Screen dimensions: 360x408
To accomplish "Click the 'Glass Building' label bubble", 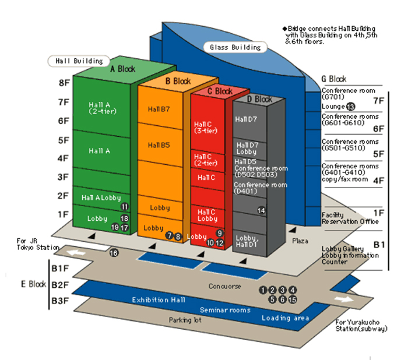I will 234,47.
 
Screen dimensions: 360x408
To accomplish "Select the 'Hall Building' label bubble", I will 79,61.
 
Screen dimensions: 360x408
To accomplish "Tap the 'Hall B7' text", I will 159,109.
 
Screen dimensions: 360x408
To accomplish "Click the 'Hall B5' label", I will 159,144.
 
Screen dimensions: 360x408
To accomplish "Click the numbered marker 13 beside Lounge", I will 350,107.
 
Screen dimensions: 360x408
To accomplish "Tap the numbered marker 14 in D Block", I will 261,210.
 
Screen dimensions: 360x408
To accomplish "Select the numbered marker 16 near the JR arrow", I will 114,253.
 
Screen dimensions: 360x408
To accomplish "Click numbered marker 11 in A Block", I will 124,207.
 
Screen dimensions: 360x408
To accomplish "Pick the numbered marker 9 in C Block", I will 220,233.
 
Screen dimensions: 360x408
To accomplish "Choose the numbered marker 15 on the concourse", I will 293,299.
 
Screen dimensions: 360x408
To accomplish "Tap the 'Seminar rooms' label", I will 225,310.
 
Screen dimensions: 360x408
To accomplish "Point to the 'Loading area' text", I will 284,318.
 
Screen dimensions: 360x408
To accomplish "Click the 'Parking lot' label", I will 184,320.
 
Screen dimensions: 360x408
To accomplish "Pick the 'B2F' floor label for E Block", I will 60,285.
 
